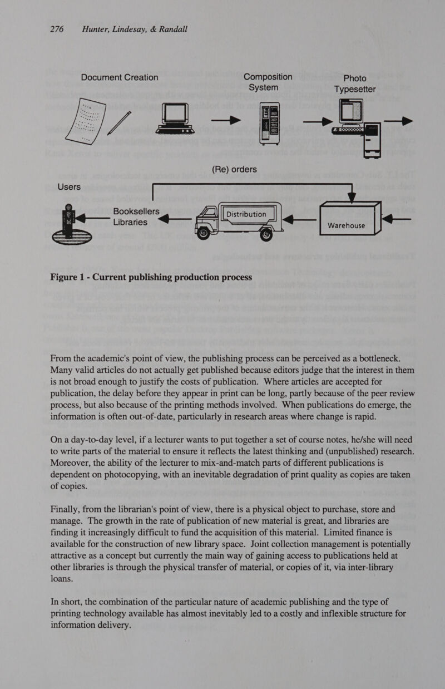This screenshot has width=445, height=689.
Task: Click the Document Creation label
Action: [120, 77]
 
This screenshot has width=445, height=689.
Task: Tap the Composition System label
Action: [268, 82]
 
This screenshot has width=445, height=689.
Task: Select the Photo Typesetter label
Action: [362, 83]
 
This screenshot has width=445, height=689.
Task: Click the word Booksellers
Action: [136, 212]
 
